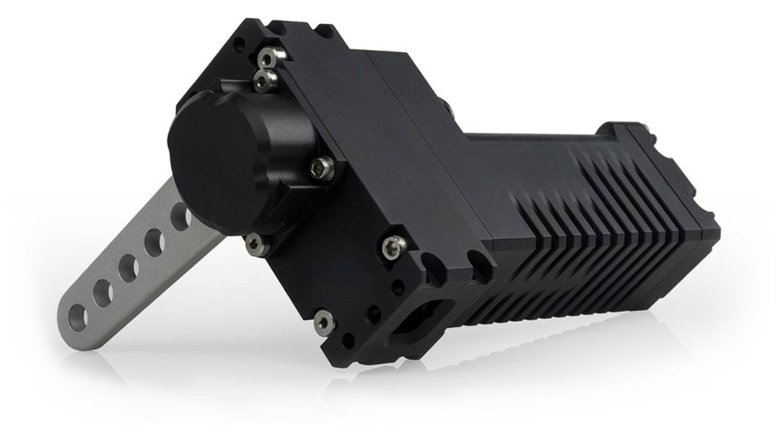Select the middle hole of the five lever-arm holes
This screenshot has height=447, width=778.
click(128, 269)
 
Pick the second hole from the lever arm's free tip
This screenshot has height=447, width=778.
click(102, 292)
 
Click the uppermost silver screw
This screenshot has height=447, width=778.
click(270, 55)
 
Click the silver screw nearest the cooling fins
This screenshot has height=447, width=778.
click(392, 248)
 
